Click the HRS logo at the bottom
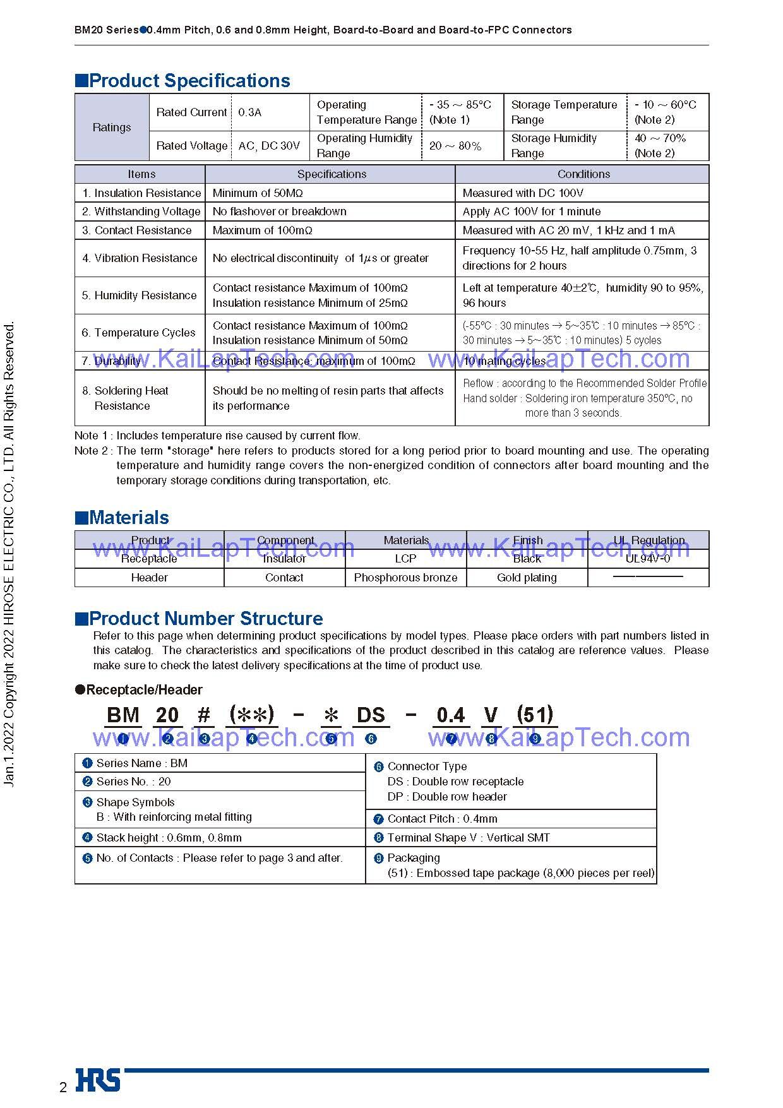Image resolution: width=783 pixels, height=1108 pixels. [98, 1080]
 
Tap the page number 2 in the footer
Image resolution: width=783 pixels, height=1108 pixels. [63, 1087]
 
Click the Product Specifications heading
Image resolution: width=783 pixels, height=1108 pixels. [189, 81]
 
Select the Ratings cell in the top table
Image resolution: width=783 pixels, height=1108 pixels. [112, 128]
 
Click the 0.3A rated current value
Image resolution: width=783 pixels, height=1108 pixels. [249, 112]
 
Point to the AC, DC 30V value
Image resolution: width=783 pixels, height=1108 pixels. [269, 146]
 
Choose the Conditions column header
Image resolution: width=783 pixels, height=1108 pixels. [583, 174]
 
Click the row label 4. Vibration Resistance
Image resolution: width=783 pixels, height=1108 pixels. [140, 258]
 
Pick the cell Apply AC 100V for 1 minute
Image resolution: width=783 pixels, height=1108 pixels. [531, 211]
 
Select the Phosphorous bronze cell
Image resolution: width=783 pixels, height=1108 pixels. [405, 578]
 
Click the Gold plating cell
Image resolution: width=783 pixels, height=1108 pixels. [527, 578]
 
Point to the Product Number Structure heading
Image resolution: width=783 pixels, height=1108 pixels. [205, 618]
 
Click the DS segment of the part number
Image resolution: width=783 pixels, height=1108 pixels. [371, 715]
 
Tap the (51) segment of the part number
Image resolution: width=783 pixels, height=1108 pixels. [535, 715]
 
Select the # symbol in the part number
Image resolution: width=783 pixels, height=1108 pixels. [204, 715]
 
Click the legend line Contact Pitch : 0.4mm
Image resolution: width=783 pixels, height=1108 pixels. [442, 819]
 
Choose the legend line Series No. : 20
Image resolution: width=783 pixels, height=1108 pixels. [133, 782]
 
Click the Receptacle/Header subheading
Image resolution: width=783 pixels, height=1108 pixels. [144, 690]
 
